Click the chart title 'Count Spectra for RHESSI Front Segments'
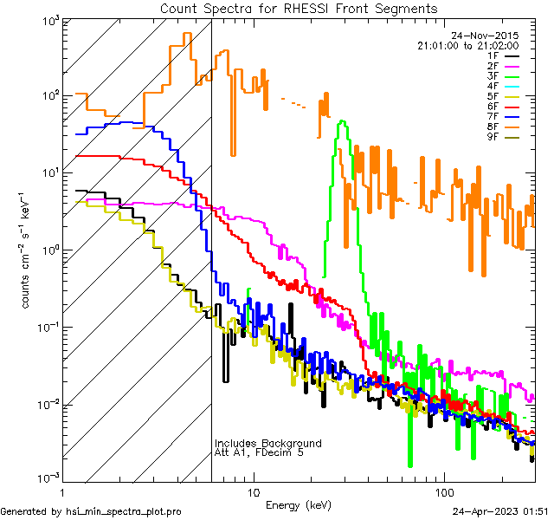click(300, 9)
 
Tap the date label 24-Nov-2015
click(488, 36)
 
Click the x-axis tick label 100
click(442, 491)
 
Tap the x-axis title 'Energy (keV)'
click(300, 504)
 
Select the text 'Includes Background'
click(268, 443)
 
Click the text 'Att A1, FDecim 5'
click(260, 452)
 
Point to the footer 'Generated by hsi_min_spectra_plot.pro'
click(91, 511)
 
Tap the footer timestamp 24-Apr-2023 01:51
click(501, 511)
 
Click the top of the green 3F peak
click(344, 121)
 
